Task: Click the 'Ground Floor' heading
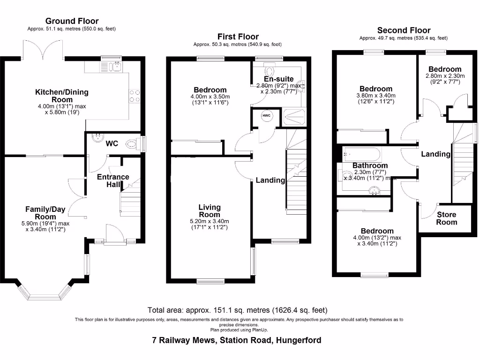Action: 72,21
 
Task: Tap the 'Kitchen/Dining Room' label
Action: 62,96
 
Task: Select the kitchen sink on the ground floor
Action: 114,67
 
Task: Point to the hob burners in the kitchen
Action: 135,96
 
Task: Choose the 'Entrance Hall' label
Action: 113,180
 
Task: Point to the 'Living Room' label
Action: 210,210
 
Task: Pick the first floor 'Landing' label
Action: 270,180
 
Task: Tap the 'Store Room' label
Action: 446,218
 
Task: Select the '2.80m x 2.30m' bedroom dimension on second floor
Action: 445,76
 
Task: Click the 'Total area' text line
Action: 237,310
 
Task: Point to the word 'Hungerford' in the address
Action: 298,340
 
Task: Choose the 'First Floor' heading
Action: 238,37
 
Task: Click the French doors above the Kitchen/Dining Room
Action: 44,49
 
